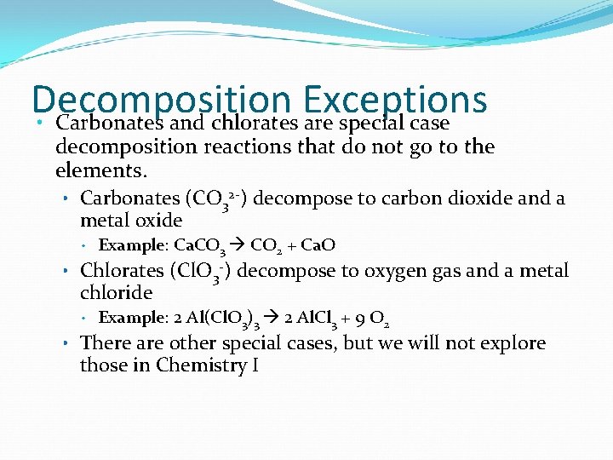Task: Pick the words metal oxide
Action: [x=131, y=221]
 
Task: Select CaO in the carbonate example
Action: [x=317, y=245]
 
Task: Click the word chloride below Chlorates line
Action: [x=117, y=293]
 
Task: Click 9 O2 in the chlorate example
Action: [x=371, y=319]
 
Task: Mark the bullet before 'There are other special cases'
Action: [x=66, y=343]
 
